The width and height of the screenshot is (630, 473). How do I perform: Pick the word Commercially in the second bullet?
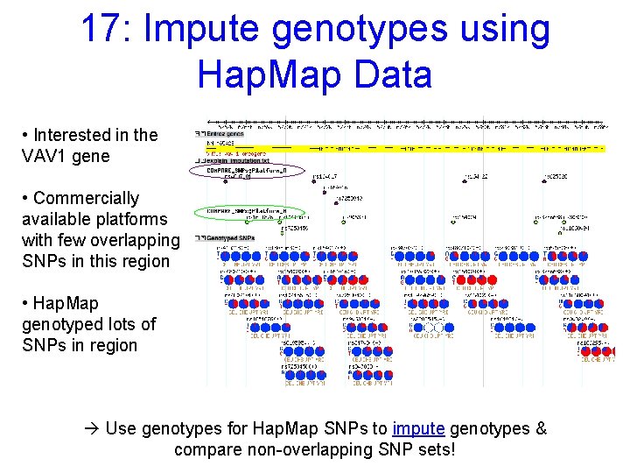[x=86, y=198]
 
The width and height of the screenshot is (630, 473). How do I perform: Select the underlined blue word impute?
[x=419, y=428]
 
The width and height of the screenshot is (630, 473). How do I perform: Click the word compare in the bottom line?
[x=206, y=449]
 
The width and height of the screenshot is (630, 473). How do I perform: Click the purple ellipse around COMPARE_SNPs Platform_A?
[x=246, y=172]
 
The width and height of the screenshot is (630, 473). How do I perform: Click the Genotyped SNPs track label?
[x=227, y=238]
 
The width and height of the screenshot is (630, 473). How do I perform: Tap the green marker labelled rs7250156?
[x=282, y=233]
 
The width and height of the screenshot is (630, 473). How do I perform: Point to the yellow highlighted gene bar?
[x=402, y=148]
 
